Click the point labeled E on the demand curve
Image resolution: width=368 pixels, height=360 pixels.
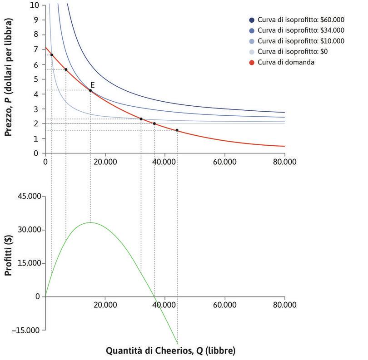[x=90, y=90]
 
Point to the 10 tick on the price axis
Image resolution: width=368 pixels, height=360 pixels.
[x=35, y=5]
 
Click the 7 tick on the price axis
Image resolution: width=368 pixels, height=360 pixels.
[x=36, y=50]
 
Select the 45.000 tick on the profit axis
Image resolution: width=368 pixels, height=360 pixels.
[x=30, y=197]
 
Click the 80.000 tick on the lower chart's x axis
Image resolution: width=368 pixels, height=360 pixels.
[x=284, y=305]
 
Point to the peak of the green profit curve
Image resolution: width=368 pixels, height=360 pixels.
[x=90, y=222]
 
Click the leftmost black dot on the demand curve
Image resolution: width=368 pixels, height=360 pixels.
[x=52, y=55]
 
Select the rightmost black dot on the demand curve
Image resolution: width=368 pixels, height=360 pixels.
[x=177, y=130]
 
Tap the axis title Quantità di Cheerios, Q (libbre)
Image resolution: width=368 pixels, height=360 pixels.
[x=171, y=350]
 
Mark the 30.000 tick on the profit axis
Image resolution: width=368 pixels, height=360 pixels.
[x=30, y=230]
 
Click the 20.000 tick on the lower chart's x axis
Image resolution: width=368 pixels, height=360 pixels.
[x=105, y=305]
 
